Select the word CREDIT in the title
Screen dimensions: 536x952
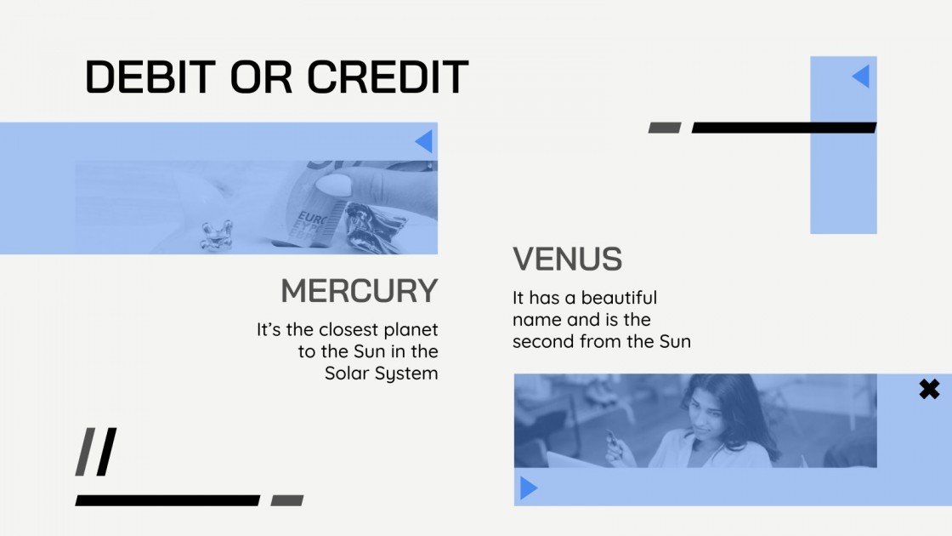click(388, 77)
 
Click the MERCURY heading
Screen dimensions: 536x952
click(359, 291)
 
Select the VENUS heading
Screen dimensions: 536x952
click(567, 259)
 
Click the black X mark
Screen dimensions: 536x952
click(929, 390)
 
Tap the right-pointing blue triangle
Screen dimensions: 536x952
click(529, 488)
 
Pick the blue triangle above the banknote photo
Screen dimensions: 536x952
click(423, 141)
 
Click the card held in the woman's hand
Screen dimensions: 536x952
click(610, 438)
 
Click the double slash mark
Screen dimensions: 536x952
click(95, 452)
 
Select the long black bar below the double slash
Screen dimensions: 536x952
click(167, 500)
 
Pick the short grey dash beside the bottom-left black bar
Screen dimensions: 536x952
click(286, 500)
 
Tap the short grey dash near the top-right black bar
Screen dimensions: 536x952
click(665, 128)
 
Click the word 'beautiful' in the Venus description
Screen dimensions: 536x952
click(618, 298)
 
